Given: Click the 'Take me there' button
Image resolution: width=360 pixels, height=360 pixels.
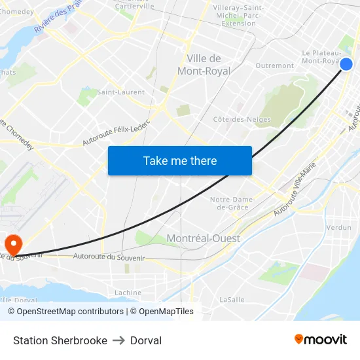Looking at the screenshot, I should tap(180, 161).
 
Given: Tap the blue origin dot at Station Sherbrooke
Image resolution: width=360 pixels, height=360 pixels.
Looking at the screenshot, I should tap(346, 63).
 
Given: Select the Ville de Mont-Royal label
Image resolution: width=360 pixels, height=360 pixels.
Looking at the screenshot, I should tap(204, 65).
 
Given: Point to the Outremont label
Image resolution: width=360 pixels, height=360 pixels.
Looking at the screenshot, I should tap(274, 66).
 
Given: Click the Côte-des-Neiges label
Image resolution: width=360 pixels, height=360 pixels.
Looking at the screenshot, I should tap(242, 119).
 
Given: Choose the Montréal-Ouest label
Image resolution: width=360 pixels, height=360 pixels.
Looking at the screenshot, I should tap(204, 239).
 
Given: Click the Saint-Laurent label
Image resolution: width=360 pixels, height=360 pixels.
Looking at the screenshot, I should tap(120, 92).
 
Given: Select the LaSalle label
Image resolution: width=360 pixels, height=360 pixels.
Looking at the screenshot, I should tap(232, 299).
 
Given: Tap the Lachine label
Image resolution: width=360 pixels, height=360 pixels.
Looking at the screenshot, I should tap(128, 293).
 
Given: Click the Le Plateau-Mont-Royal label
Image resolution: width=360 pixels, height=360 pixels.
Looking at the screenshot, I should tap(320, 57).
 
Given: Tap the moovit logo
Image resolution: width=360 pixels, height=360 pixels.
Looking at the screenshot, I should tap(320, 340).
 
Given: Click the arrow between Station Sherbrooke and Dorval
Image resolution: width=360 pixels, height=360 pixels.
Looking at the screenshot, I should tap(118, 340).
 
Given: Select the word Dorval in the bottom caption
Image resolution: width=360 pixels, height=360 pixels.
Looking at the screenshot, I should tap(146, 340).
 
